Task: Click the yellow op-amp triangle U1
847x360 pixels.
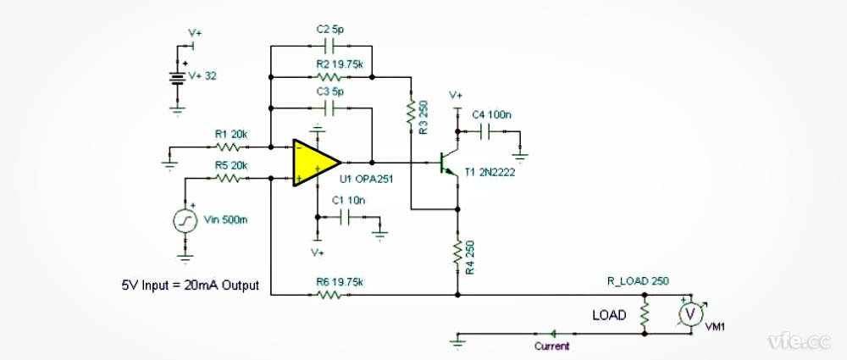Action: (x=314, y=162)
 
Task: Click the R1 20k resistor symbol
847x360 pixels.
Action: (x=230, y=146)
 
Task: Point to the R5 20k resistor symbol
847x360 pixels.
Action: (x=230, y=178)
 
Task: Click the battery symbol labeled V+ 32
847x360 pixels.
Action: (x=178, y=79)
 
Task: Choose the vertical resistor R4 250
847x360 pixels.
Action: (x=458, y=252)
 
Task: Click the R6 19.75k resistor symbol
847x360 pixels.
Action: (x=328, y=295)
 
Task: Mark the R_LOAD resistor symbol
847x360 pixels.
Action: (x=645, y=314)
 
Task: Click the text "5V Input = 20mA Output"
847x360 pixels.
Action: (x=191, y=285)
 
